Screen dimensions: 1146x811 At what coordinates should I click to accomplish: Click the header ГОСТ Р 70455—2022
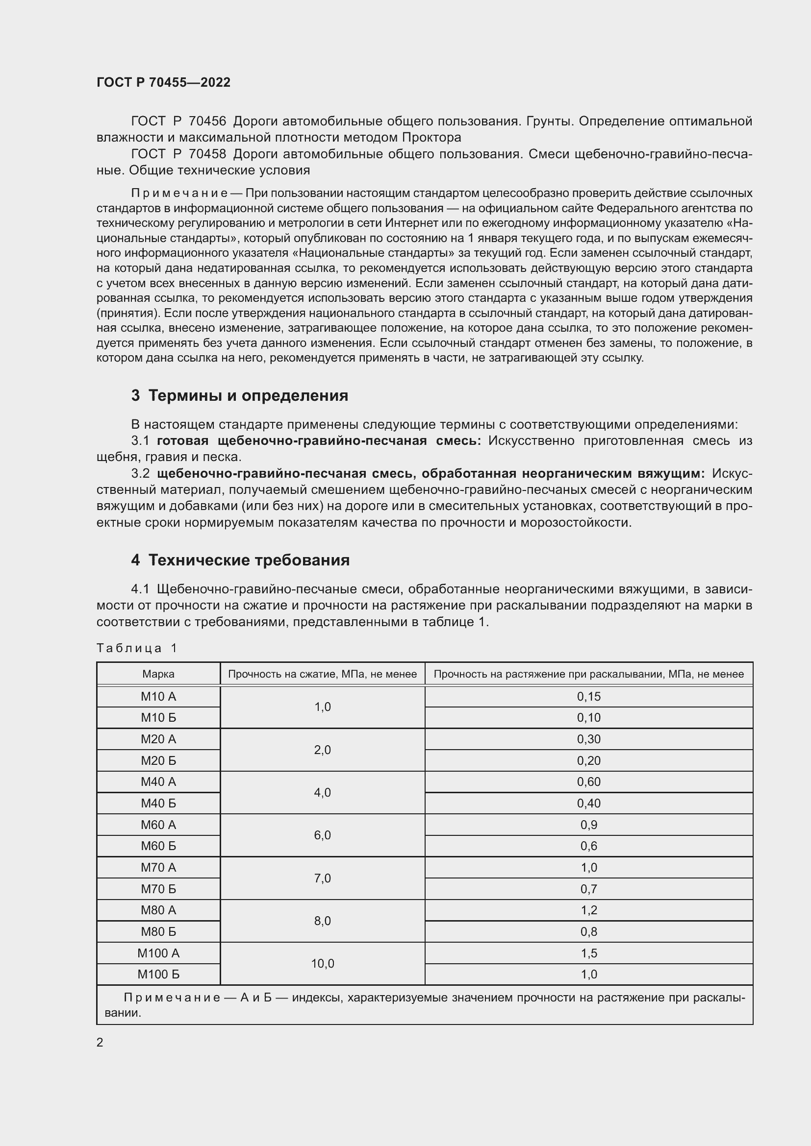[x=163, y=82]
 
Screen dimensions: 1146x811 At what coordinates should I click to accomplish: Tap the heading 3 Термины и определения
[x=239, y=395]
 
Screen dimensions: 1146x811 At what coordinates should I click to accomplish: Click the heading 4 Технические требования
[x=240, y=560]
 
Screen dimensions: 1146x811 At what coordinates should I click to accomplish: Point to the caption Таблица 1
[x=137, y=648]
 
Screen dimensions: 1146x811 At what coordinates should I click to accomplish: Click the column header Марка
[x=158, y=674]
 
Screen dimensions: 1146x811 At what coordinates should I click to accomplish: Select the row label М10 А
[x=158, y=696]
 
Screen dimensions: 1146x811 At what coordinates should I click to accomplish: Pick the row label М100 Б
[x=158, y=974]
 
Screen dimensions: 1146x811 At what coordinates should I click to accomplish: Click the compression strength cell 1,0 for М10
[x=323, y=707]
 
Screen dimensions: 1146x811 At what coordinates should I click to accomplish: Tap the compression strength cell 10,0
[x=323, y=963]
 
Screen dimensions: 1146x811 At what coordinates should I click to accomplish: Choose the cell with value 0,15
[x=589, y=696]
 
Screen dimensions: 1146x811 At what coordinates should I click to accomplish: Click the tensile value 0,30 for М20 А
[x=589, y=739]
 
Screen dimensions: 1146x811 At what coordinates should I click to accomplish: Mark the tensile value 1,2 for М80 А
[x=589, y=910]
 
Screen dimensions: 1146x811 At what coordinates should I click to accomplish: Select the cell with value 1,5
[x=589, y=953]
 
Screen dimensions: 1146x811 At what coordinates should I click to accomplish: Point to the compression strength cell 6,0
[x=323, y=835]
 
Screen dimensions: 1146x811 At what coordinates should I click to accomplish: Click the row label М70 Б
[x=158, y=888]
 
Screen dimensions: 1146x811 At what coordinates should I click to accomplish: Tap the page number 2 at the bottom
[x=100, y=1042]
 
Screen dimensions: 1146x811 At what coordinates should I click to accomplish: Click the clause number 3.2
[x=140, y=473]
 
